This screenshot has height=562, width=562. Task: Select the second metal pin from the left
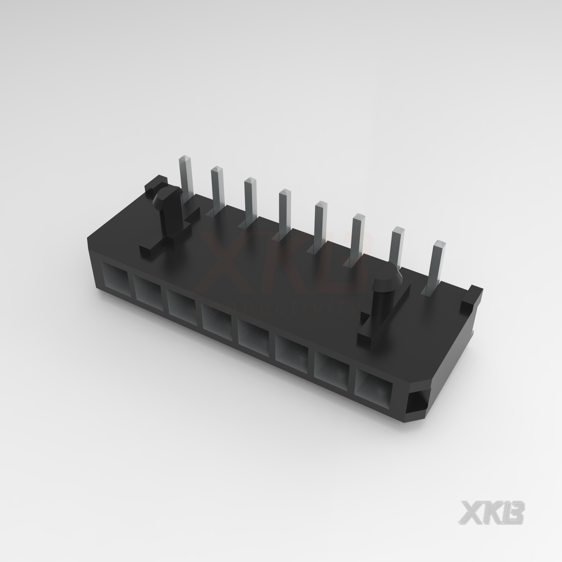[x=217, y=190]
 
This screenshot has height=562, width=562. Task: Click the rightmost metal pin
[x=437, y=272]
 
